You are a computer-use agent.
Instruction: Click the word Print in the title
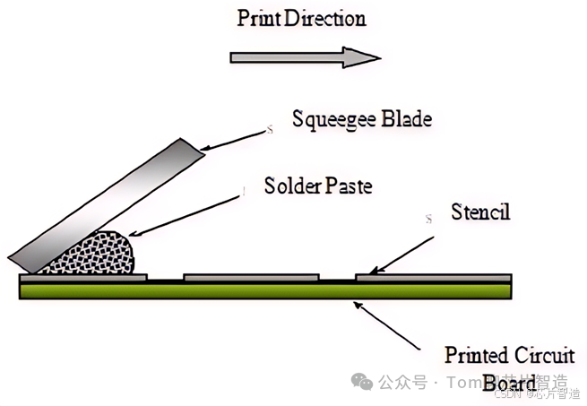(256, 18)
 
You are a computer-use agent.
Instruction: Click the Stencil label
(481, 214)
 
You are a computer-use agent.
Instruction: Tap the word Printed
(476, 354)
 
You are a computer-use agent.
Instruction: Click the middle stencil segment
(251, 277)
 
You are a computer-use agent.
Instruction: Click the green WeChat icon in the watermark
(362, 382)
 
